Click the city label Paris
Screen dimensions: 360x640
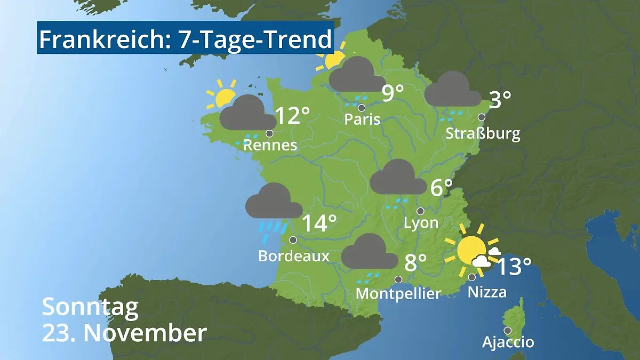click(x=362, y=119)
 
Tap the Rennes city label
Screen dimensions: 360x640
click(x=270, y=145)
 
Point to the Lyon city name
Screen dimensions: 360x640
click(x=421, y=223)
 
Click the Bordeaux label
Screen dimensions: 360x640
click(x=294, y=256)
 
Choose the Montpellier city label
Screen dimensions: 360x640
click(x=398, y=293)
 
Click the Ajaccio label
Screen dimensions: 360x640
click(x=508, y=342)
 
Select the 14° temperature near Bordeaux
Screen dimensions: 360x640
click(x=319, y=224)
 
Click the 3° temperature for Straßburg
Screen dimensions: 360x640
click(x=500, y=100)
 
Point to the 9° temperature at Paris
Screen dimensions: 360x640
click(x=393, y=94)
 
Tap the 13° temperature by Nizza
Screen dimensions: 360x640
click(x=514, y=267)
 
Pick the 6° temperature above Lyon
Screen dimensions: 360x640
click(x=441, y=188)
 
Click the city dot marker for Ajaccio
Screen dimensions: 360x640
click(x=507, y=331)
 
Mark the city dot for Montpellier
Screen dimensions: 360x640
click(x=398, y=279)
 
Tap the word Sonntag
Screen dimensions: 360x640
click(x=90, y=308)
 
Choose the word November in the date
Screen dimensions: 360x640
click(x=145, y=333)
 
